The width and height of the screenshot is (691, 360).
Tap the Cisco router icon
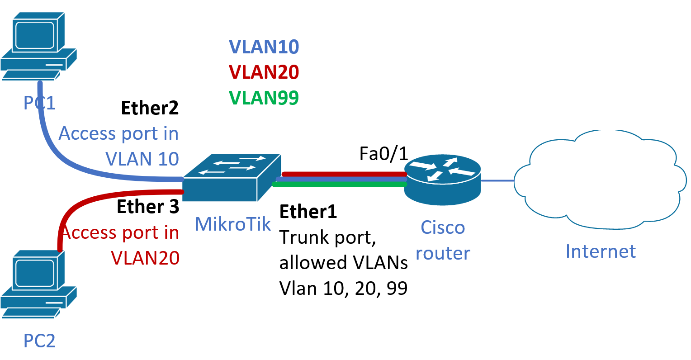442,179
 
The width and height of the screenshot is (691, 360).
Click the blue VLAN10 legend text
264,47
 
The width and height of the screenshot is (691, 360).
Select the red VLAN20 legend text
264,72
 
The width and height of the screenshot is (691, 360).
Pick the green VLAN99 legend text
264,98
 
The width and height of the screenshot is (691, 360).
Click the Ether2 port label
150,108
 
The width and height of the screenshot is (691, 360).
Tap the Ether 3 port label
148,207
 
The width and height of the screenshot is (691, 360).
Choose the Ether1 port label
308,212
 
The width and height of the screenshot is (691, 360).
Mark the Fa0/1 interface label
383,154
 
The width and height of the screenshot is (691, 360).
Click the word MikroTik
232,224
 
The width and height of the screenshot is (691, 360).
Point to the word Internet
601,251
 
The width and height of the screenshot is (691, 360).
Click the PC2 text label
39,341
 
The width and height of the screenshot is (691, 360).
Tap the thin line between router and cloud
497,180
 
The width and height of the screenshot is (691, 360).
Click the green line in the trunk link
339,184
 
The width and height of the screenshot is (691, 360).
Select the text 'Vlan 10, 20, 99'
343,288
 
